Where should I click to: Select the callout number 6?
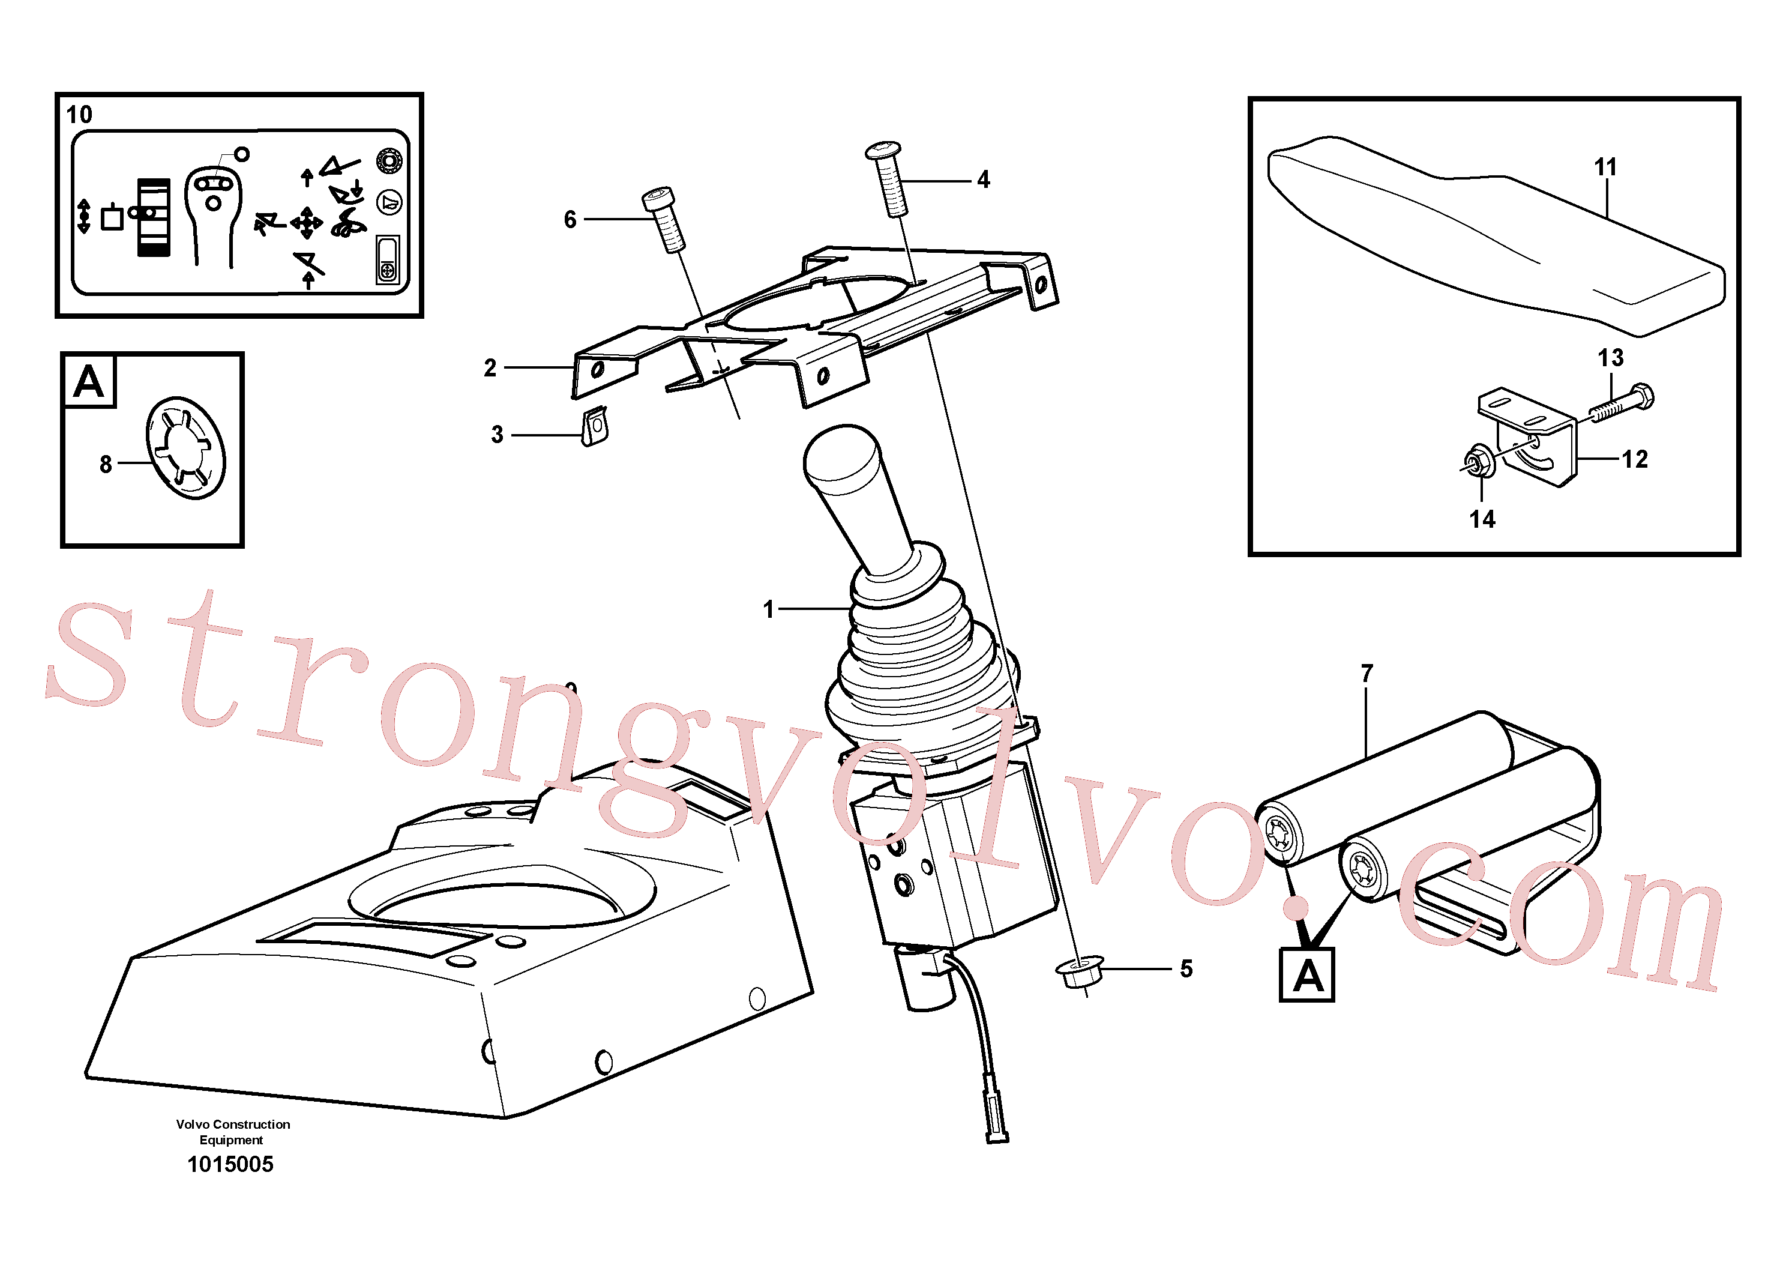click(x=570, y=219)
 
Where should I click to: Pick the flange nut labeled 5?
click(x=1080, y=972)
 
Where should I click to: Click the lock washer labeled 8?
click(x=186, y=447)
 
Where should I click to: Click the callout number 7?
click(x=1367, y=673)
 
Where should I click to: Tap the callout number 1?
click(x=769, y=609)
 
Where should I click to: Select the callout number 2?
click(x=490, y=367)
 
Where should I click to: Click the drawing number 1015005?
click(x=230, y=1164)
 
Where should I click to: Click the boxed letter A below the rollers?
click(x=1307, y=974)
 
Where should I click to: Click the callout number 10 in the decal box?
click(x=79, y=115)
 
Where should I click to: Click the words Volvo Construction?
click(x=233, y=1125)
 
